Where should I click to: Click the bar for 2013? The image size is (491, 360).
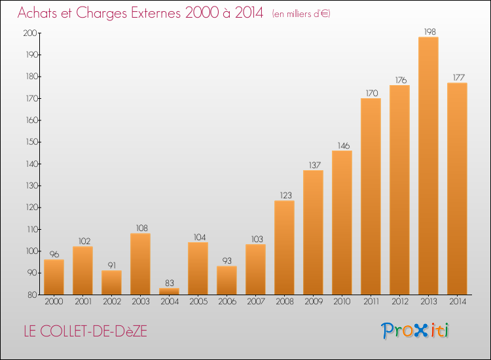tap(428, 166)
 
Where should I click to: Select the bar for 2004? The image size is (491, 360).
tap(169, 291)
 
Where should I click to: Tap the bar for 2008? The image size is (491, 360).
tap(284, 247)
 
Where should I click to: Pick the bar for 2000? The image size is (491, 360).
tap(54, 277)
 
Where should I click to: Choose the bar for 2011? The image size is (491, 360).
tap(371, 196)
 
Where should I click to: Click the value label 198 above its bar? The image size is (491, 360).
tap(430, 31)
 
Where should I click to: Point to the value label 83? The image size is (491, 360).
tap(170, 283)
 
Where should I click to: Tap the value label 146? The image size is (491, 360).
tap(344, 145)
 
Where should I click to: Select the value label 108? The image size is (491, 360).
tap(142, 228)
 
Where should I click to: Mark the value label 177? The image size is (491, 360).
tap(459, 77)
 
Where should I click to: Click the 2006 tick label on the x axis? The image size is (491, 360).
tap(227, 301)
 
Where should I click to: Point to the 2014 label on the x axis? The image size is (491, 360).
tap(458, 301)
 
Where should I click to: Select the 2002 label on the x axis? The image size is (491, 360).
tap(112, 301)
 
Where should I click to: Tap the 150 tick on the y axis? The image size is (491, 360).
tap(31, 142)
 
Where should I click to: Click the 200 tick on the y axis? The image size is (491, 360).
tap(30, 33)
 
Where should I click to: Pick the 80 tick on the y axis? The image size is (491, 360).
tap(32, 295)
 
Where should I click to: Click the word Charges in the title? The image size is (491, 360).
tap(101, 14)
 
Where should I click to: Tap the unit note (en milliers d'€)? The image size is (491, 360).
tap(301, 14)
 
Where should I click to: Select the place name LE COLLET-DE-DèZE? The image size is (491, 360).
tap(86, 331)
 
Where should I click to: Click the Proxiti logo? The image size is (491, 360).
tap(415, 331)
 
